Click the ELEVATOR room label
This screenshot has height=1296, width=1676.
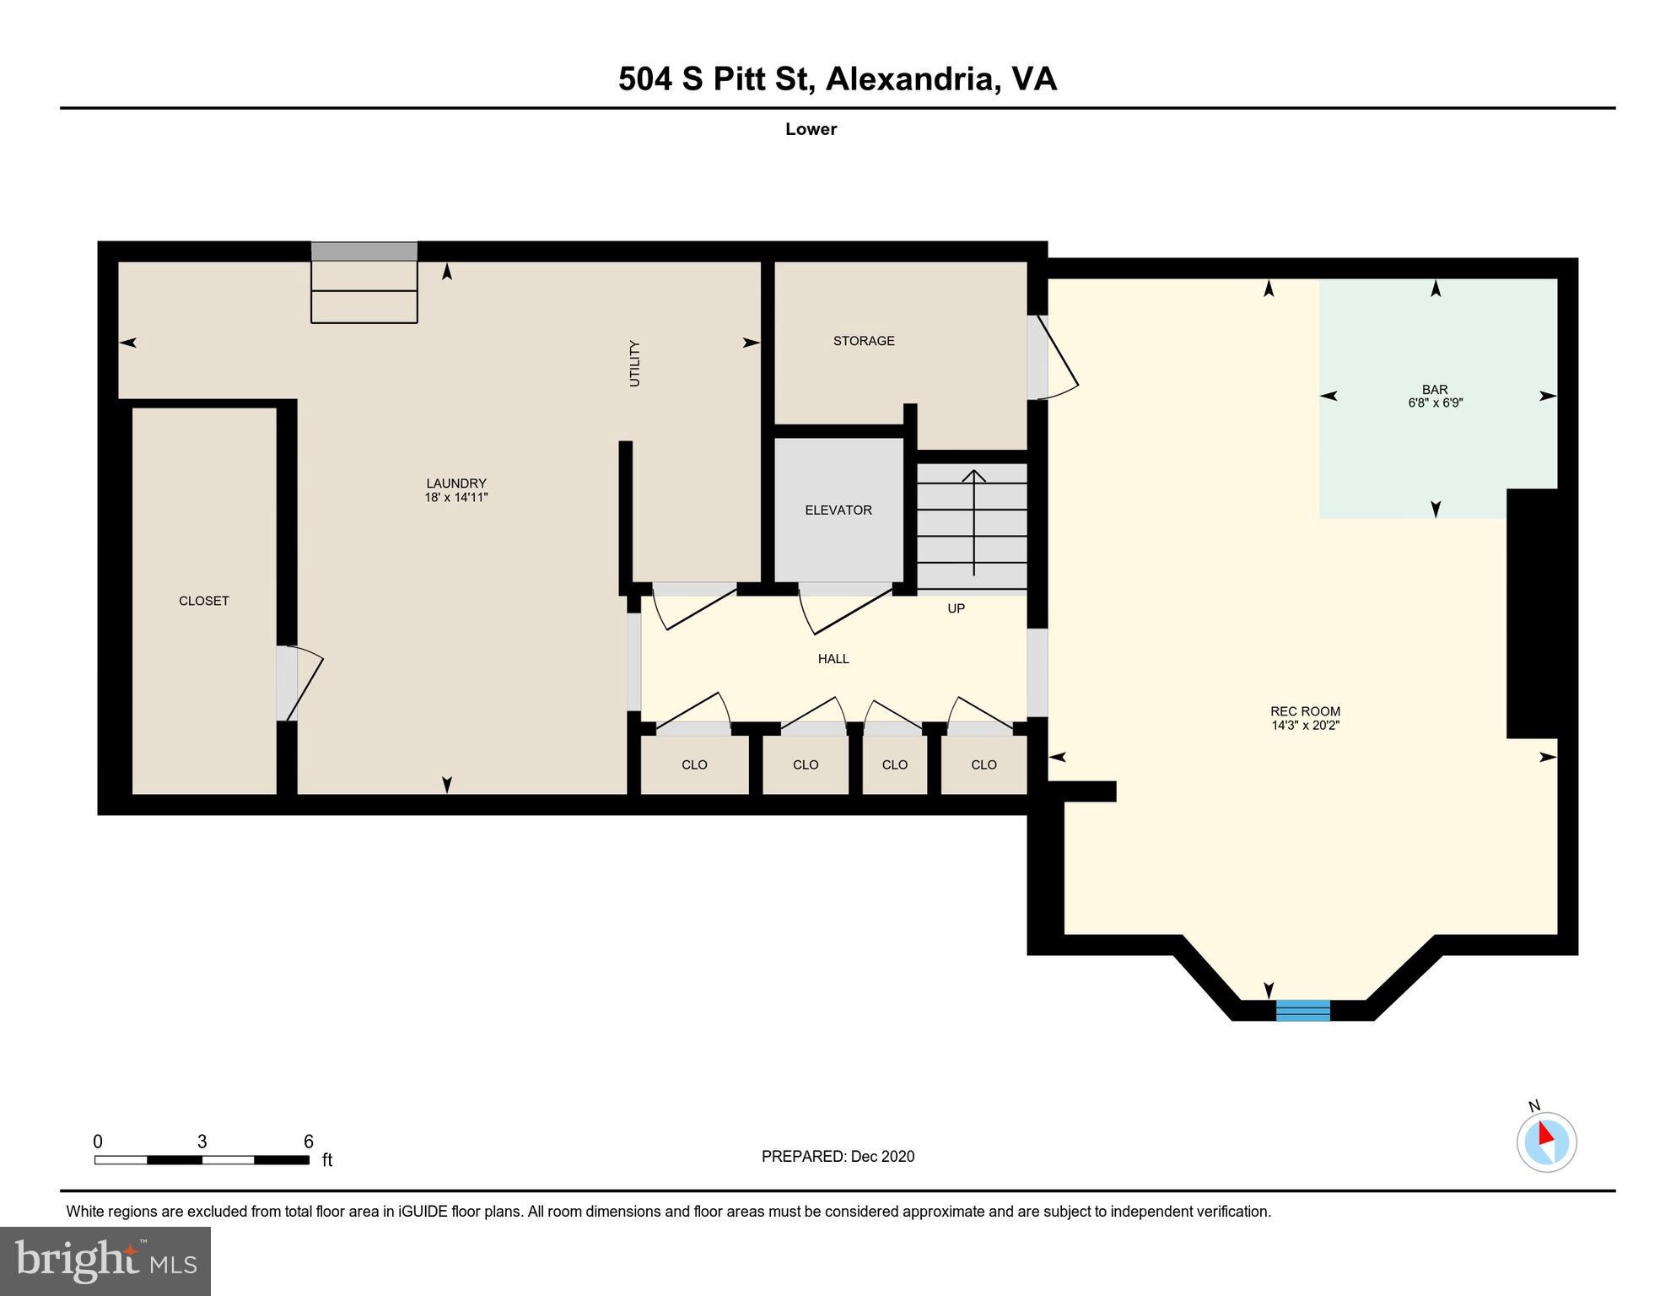tap(838, 510)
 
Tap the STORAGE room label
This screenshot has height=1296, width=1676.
tap(864, 341)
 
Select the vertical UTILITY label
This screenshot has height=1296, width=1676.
tap(634, 364)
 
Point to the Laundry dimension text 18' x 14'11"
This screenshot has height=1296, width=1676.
tap(456, 498)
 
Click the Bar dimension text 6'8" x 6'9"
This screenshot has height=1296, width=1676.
tap(1435, 403)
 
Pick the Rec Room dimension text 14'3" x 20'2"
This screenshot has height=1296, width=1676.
tap(1305, 725)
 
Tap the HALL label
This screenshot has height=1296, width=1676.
tap(833, 659)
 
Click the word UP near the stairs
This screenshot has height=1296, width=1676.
tap(956, 608)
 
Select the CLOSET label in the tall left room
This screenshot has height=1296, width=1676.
tap(204, 601)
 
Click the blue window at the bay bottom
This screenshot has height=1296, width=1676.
tap(1302, 1010)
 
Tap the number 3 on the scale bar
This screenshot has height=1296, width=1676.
tap(202, 1142)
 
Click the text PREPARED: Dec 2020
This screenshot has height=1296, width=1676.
tap(838, 1156)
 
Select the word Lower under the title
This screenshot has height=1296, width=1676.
tap(811, 129)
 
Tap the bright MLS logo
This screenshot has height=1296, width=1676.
tap(105, 1261)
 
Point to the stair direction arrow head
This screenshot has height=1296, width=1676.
tap(974, 475)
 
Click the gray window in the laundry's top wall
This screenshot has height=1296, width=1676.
tap(364, 251)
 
